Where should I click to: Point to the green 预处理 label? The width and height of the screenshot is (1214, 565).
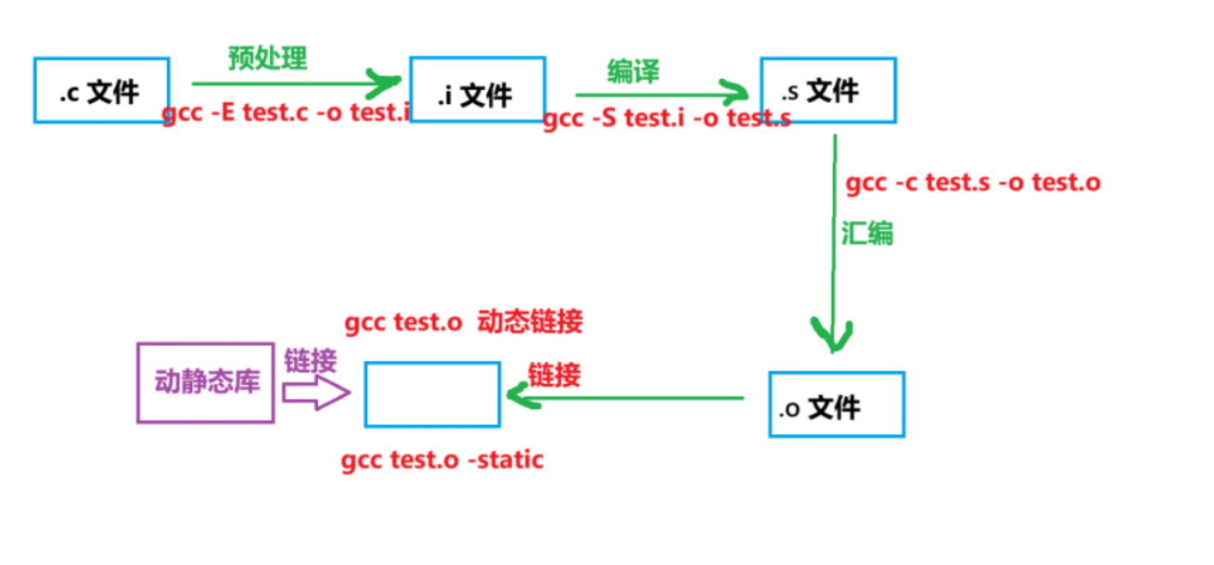pos(268,58)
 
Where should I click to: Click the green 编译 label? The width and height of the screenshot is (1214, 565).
pos(633,71)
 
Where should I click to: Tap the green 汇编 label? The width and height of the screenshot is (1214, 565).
pos(867,234)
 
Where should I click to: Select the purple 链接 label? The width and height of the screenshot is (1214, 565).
pos(311,361)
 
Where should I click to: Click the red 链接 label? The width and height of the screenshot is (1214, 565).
pos(555,375)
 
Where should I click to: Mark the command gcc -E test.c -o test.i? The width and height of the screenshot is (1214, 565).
pos(287,113)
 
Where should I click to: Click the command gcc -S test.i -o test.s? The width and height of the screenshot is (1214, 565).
pos(667,118)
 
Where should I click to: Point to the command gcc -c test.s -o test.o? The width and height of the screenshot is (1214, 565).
pos(974,184)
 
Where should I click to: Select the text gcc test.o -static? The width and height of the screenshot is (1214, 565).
pos(442,461)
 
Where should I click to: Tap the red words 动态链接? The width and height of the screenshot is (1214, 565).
pos(530,322)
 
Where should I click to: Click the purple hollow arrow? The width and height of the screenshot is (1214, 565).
pos(316,392)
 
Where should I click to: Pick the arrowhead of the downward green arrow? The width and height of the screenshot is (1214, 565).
pos(832,335)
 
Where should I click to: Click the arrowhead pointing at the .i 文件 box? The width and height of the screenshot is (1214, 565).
pos(384,83)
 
